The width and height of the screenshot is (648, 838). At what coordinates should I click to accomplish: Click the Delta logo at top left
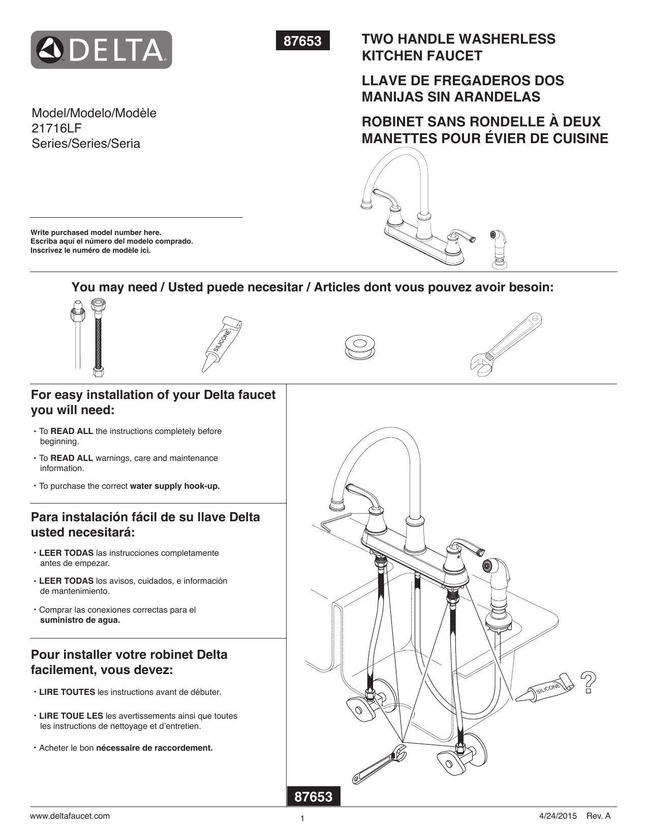pos(101,50)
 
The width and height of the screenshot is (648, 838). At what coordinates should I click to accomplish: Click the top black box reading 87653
pos(302,41)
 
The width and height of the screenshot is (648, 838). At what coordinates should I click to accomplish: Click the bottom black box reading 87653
pos(314,796)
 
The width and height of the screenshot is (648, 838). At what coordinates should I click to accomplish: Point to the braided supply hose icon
pos(98,338)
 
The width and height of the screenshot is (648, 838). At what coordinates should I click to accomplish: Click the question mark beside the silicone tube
pos(588,683)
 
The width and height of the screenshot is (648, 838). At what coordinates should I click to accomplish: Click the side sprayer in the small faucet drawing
pos(500,248)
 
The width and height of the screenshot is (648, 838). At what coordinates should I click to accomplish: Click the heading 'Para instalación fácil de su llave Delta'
pos(145,517)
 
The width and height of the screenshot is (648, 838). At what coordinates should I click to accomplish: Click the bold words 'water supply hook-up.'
pos(175,486)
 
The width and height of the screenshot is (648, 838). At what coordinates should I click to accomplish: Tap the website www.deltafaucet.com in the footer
pos(70,816)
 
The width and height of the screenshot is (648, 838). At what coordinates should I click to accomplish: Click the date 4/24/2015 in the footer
pos(558,816)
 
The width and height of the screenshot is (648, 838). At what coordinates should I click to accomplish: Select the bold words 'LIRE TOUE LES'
pos(71,716)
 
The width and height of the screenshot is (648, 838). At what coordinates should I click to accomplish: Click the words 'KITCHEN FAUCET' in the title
pos(422,56)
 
